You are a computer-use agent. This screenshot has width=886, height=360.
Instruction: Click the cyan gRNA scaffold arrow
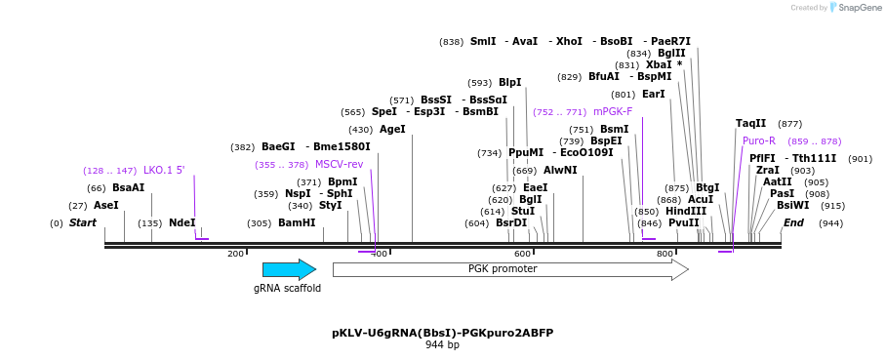pyautogui.click(x=289, y=270)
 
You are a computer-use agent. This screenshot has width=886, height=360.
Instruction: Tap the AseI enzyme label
pyautogui.click(x=105, y=206)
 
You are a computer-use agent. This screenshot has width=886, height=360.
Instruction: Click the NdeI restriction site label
pyautogui.click(x=181, y=223)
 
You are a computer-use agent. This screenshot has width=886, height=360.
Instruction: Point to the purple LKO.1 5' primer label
pyautogui.click(x=164, y=171)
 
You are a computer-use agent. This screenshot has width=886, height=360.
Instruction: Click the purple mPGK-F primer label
pyautogui.click(x=613, y=112)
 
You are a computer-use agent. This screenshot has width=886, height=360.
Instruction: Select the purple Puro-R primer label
pyautogui.click(x=759, y=141)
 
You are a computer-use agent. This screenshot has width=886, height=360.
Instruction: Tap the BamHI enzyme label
pyautogui.click(x=297, y=223)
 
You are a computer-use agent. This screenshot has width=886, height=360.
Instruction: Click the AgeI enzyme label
pyautogui.click(x=391, y=130)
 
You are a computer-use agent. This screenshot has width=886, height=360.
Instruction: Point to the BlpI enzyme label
pyautogui.click(x=509, y=83)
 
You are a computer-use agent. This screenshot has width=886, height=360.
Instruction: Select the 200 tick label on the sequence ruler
pyautogui.click(x=235, y=254)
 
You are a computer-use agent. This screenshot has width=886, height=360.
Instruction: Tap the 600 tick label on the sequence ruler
pyautogui.click(x=522, y=254)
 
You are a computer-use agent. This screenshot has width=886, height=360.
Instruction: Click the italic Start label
pyautogui.click(x=82, y=223)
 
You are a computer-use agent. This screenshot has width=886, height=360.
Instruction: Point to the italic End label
pyautogui.click(x=793, y=223)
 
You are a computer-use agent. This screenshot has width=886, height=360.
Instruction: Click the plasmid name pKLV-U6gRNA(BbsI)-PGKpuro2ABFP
pyautogui.click(x=442, y=333)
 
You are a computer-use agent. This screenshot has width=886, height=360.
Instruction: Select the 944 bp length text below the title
pyautogui.click(x=442, y=345)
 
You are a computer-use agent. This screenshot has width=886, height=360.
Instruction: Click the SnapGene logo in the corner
pyautogui.click(x=856, y=8)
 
